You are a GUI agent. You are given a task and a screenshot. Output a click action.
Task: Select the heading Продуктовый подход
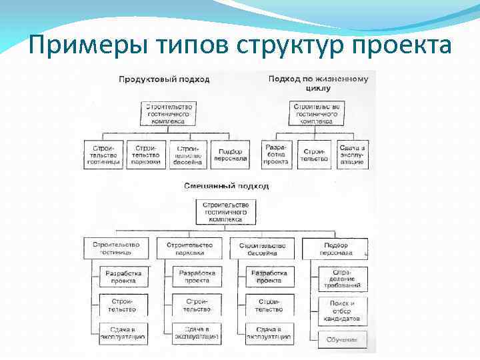(164, 79)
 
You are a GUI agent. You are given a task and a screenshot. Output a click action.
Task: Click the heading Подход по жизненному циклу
(318, 83)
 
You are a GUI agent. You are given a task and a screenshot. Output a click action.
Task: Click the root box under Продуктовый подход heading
(169, 114)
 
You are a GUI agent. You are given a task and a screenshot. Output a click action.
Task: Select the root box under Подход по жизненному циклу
(317, 114)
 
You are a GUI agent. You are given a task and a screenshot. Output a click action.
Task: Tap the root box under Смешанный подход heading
(225, 211)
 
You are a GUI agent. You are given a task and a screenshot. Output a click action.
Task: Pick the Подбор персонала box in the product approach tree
(231, 154)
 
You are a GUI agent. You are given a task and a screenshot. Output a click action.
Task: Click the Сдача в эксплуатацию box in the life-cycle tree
(352, 154)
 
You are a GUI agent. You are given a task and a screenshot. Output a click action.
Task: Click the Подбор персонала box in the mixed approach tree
(335, 249)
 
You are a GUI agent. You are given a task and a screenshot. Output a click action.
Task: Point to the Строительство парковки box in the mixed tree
(189, 249)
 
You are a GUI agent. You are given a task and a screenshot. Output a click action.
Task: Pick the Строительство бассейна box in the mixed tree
(262, 249)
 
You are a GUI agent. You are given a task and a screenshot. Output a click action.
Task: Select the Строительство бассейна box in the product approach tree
(189, 154)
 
